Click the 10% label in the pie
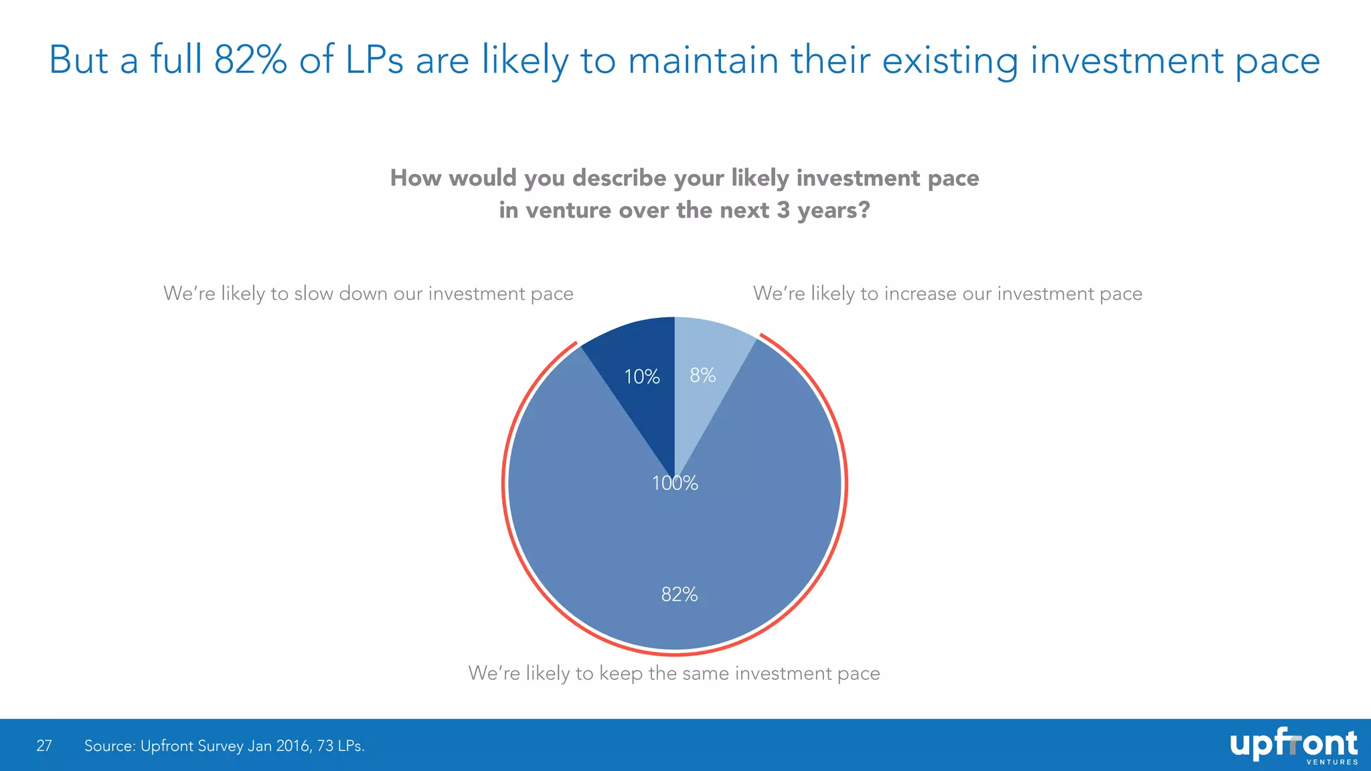click(x=641, y=377)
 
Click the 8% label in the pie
click(x=703, y=375)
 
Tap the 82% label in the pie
click(x=679, y=594)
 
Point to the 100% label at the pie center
click(x=675, y=483)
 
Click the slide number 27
click(x=44, y=746)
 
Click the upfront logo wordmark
click(x=1293, y=744)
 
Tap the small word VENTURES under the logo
click(x=1332, y=762)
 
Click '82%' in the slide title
click(x=250, y=60)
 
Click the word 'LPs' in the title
click(x=374, y=60)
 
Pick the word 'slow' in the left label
click(x=313, y=294)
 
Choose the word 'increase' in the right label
click(x=920, y=294)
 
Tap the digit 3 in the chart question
click(x=783, y=210)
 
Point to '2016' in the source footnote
click(x=293, y=746)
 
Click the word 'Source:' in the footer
click(x=109, y=746)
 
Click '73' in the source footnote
click(x=325, y=746)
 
